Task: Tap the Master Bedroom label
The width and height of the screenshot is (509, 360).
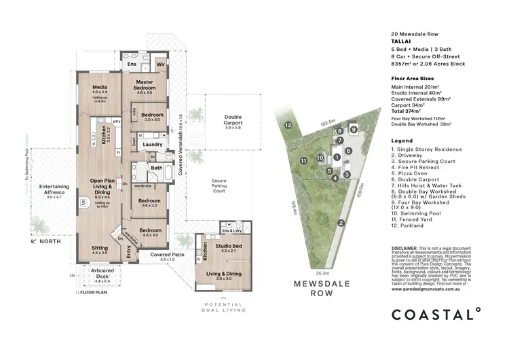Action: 144,85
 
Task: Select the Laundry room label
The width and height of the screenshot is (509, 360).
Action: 152,144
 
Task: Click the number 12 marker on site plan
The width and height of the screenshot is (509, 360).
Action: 288,125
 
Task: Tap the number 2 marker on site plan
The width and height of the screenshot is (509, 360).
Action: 341,222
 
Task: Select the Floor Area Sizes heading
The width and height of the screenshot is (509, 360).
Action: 413,79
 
